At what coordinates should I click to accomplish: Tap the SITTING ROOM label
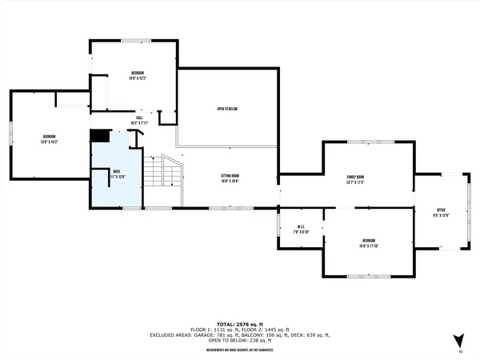(x=230, y=176)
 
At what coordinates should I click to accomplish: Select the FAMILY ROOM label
(x=355, y=177)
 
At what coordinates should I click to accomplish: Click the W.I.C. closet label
(x=301, y=226)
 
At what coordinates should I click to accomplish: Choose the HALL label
(x=139, y=117)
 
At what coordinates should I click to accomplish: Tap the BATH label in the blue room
(x=117, y=171)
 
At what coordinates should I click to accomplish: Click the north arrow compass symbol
(x=458, y=340)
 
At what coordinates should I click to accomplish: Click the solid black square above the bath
(x=98, y=137)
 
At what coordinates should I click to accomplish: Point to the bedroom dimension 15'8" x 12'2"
(x=138, y=78)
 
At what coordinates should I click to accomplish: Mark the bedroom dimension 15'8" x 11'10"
(x=368, y=246)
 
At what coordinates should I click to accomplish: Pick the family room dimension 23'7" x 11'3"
(x=355, y=182)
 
